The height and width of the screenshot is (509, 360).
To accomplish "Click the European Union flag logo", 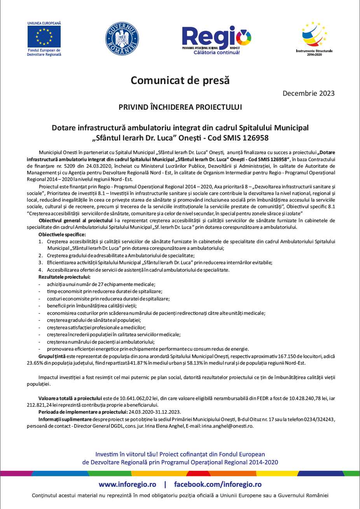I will tap(44, 36).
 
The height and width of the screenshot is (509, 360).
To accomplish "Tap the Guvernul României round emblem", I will tap(122, 39).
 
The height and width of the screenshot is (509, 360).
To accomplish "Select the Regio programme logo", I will tap(217, 39).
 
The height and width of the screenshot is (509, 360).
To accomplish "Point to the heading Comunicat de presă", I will tap(180, 80).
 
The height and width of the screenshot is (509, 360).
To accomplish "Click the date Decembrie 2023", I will tap(308, 93).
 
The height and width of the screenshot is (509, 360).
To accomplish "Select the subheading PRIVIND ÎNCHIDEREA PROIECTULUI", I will tap(180, 107).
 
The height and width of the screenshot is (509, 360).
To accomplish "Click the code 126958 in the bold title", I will tap(255, 138).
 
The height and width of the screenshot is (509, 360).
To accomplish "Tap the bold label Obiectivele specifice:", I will tap(62, 235).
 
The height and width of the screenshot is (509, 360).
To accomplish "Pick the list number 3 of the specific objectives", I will tap(40, 263).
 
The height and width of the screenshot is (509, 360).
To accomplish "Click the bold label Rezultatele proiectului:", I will tap(64, 277).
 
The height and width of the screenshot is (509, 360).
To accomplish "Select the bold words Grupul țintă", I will tap(52, 356).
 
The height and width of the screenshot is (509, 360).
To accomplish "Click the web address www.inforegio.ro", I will tap(128, 484).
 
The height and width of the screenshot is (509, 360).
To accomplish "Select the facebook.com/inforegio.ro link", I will tap(218, 484).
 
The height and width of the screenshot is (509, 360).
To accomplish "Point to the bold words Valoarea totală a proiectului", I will tap(70, 398).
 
